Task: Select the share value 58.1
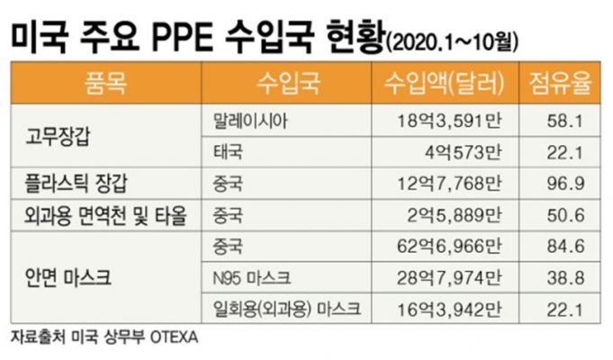coord(573,120)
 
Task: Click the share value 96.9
coord(573,184)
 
